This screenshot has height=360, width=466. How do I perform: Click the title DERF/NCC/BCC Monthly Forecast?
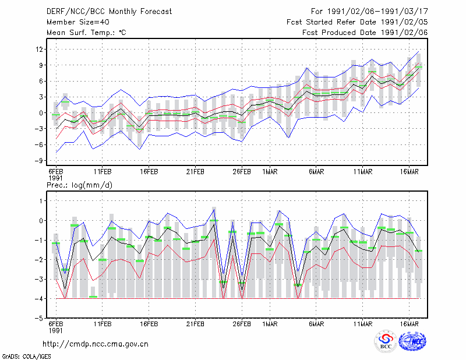(109, 12)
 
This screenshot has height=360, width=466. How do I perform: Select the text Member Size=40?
(78, 22)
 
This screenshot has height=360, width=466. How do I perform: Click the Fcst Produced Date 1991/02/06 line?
(365, 33)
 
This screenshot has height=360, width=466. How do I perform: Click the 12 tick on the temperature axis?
(39, 49)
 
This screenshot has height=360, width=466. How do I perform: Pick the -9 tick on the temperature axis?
(38, 161)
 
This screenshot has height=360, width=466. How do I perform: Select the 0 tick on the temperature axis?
(41, 113)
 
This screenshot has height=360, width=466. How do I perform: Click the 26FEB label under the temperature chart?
(242, 172)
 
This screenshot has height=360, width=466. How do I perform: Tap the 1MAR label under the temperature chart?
(270, 172)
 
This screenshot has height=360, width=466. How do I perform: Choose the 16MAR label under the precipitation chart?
(409, 324)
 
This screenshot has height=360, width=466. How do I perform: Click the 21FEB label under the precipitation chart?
(195, 324)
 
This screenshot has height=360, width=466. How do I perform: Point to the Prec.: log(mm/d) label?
(79, 185)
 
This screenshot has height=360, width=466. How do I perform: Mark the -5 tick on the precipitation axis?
(38, 319)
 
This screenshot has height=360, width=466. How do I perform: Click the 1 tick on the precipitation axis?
(41, 201)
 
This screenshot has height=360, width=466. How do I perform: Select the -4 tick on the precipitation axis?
(38, 299)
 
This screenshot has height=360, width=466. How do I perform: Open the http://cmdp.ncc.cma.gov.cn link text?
(96, 344)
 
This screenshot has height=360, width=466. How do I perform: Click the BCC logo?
(386, 341)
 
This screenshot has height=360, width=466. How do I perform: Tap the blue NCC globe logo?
(412, 341)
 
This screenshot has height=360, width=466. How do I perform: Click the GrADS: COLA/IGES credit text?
(27, 357)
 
